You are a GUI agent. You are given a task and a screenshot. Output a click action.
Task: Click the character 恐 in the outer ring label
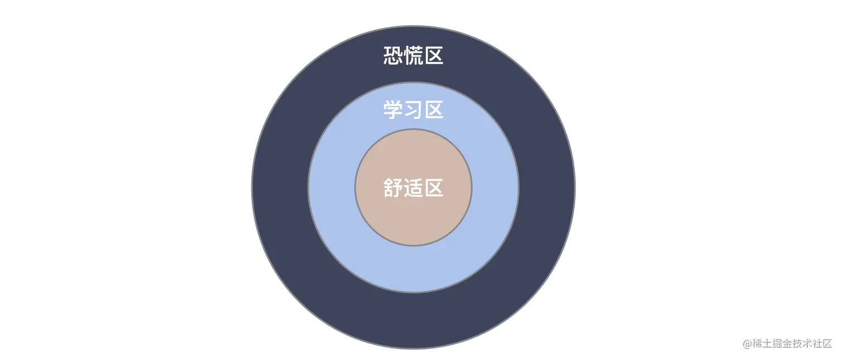393,56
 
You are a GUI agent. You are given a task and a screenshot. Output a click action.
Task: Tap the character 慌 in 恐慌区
413,56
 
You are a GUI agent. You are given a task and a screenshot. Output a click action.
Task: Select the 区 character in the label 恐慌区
434,56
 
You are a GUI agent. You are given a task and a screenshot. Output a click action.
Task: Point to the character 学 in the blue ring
393,110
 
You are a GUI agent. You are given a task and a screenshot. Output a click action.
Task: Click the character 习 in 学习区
413,110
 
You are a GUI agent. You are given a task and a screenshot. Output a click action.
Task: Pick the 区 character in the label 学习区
434,110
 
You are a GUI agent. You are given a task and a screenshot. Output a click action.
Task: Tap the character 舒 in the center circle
393,188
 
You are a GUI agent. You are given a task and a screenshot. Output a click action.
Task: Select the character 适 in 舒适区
413,188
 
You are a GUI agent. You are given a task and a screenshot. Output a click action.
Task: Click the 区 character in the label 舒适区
434,188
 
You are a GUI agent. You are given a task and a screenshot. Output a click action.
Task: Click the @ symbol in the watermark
748,344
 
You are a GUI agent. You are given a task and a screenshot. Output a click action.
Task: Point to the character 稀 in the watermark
758,344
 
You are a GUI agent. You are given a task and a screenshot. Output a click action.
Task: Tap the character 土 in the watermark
768,344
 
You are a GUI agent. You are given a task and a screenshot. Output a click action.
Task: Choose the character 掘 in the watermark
779,344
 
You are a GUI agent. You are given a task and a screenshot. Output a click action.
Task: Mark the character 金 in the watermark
789,344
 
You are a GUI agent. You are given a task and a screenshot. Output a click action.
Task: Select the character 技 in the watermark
800,344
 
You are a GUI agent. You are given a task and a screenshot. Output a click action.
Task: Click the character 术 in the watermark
811,344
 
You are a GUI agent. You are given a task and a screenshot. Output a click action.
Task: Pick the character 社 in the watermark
821,344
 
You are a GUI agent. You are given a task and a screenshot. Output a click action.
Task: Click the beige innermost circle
413,217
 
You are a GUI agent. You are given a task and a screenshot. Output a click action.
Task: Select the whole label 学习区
413,110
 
